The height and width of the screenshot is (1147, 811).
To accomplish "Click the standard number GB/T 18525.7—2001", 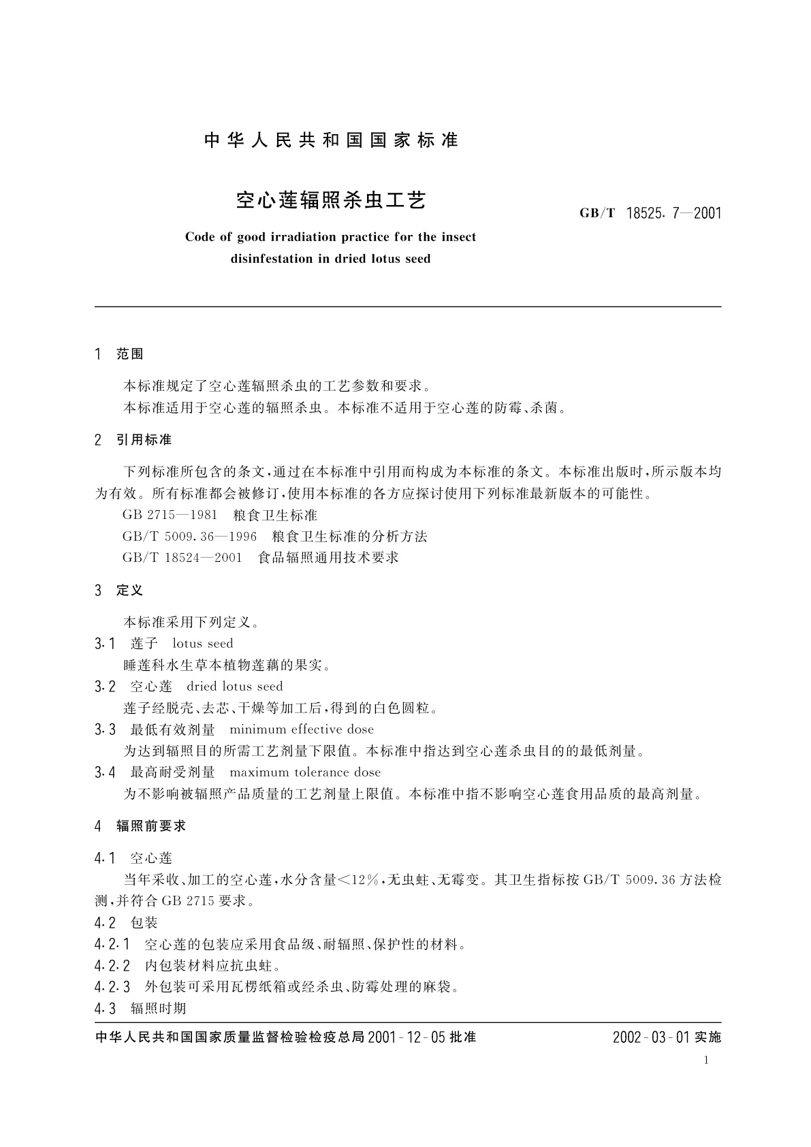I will [x=650, y=213].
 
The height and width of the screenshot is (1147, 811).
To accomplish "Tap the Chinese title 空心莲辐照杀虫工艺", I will [x=331, y=200].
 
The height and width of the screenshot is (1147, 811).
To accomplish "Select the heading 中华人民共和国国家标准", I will [x=331, y=140].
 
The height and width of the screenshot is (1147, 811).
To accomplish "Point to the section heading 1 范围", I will [x=120, y=354].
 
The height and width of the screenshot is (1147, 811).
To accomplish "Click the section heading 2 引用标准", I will [x=133, y=440].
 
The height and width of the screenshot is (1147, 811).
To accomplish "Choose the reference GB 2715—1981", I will [x=170, y=515].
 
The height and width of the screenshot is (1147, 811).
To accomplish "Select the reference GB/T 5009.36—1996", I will [x=189, y=537].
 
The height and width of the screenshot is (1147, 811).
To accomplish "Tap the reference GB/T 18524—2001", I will [x=182, y=558].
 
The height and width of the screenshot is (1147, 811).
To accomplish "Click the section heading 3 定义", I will [x=120, y=591].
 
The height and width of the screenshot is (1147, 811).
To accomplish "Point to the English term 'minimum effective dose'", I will [x=302, y=729].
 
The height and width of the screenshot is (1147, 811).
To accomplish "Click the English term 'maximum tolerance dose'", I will [x=305, y=772].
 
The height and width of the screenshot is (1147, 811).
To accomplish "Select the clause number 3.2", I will [x=105, y=687].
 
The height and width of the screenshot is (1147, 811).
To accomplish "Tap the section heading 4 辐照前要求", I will [x=140, y=826].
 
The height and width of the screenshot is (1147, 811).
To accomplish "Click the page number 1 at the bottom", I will [x=706, y=1060].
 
